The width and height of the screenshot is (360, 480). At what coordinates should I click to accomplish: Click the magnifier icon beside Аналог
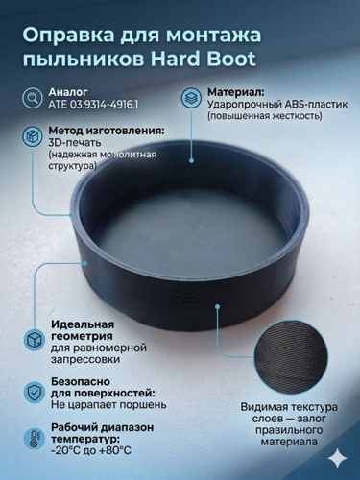pos(33,98)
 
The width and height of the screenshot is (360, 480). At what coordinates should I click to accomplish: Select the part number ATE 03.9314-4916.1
pos(93,105)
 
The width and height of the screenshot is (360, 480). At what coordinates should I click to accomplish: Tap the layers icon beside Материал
pos(191,98)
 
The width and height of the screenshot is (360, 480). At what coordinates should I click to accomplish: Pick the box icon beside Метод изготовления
pos(33,136)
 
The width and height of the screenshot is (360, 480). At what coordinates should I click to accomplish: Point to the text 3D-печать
pos(75,142)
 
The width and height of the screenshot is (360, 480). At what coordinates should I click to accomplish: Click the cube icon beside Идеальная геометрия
pos(35,340)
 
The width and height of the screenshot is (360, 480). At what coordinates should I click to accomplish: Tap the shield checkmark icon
pos(35,391)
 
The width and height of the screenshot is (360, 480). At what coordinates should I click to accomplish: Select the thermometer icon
pos(35,439)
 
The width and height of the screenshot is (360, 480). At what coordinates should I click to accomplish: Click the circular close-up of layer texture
pos(291,357)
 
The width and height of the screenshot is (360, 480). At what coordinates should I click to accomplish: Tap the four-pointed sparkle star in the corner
pos(339,459)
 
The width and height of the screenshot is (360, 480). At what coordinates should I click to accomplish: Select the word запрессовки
pos(85,359)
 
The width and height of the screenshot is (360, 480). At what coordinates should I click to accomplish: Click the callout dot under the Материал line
pos(191,160)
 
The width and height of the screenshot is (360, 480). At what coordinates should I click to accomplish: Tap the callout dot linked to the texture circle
pos(218,306)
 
